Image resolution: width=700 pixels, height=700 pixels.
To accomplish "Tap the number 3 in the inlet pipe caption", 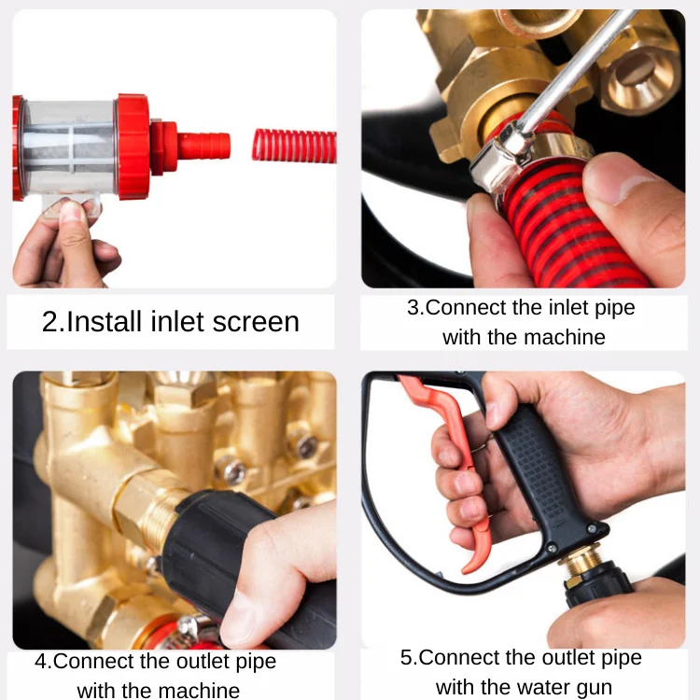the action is coord(413,308).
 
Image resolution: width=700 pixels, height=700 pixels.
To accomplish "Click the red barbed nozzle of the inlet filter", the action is coord(204,145).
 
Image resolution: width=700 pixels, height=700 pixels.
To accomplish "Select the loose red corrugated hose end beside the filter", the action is coord(294,146).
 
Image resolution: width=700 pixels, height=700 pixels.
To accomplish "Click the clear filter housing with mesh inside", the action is coord(69,147).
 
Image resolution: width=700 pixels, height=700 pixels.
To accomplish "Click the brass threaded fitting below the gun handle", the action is coord(581,564).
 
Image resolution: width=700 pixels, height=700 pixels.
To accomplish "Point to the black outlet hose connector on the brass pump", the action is coord(215,549).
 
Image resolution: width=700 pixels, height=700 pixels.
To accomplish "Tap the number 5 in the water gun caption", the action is coord(406,658).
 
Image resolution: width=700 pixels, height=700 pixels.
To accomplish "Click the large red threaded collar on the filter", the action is coord(133,147).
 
